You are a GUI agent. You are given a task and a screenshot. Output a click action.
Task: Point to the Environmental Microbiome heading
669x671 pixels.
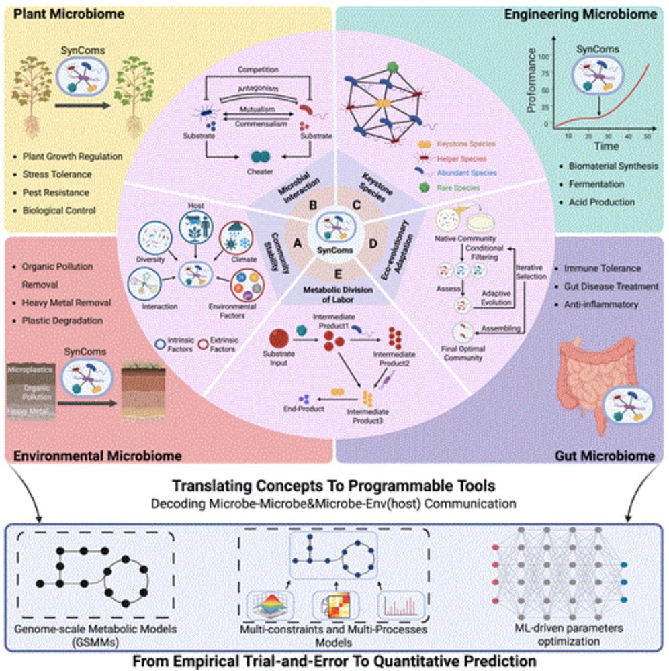97,456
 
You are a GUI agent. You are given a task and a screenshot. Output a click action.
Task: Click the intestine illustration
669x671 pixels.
588,376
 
